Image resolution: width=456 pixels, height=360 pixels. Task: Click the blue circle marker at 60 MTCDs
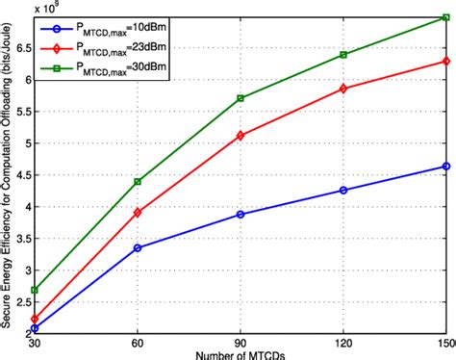point(138,247)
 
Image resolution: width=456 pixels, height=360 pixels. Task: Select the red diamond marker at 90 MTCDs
point(240,136)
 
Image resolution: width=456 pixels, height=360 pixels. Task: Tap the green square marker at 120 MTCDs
point(343,55)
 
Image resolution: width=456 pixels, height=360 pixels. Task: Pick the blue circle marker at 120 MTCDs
point(343,190)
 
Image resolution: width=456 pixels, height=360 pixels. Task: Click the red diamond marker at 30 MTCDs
point(35,319)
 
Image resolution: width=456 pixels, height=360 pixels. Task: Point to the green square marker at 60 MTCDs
point(138,182)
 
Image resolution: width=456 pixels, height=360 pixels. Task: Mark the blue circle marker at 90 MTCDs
point(240,214)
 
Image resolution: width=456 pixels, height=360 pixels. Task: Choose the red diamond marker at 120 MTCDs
point(343,89)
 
